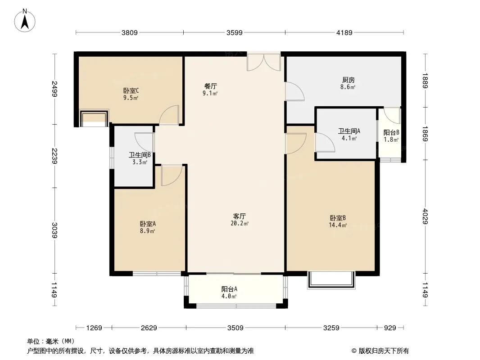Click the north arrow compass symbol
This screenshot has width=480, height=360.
tap(25, 21)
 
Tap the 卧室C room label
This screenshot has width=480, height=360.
tap(131, 91)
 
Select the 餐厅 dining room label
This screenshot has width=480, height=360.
tap(211, 86)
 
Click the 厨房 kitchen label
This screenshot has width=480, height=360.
tap(349, 80)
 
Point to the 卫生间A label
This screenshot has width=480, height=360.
tap(349, 131)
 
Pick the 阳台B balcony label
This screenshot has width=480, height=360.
tap(391, 133)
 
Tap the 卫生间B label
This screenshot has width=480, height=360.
tap(140, 155)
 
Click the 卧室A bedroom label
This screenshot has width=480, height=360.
tap(148, 224)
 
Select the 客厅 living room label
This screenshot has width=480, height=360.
tap(240, 216)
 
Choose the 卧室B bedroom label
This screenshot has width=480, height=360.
tap(338, 218)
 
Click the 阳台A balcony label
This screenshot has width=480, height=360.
tap(229, 289)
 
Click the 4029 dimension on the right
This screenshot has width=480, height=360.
tap(425, 216)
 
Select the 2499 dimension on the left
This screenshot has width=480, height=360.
tap(55, 89)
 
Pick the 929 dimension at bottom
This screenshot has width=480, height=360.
tap(390, 328)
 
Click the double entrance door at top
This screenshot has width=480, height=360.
tap(264, 63)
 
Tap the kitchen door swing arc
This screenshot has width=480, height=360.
tap(295, 91)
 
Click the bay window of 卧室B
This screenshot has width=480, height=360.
tap(331, 280)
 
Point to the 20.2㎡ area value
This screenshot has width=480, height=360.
tap(240, 224)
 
